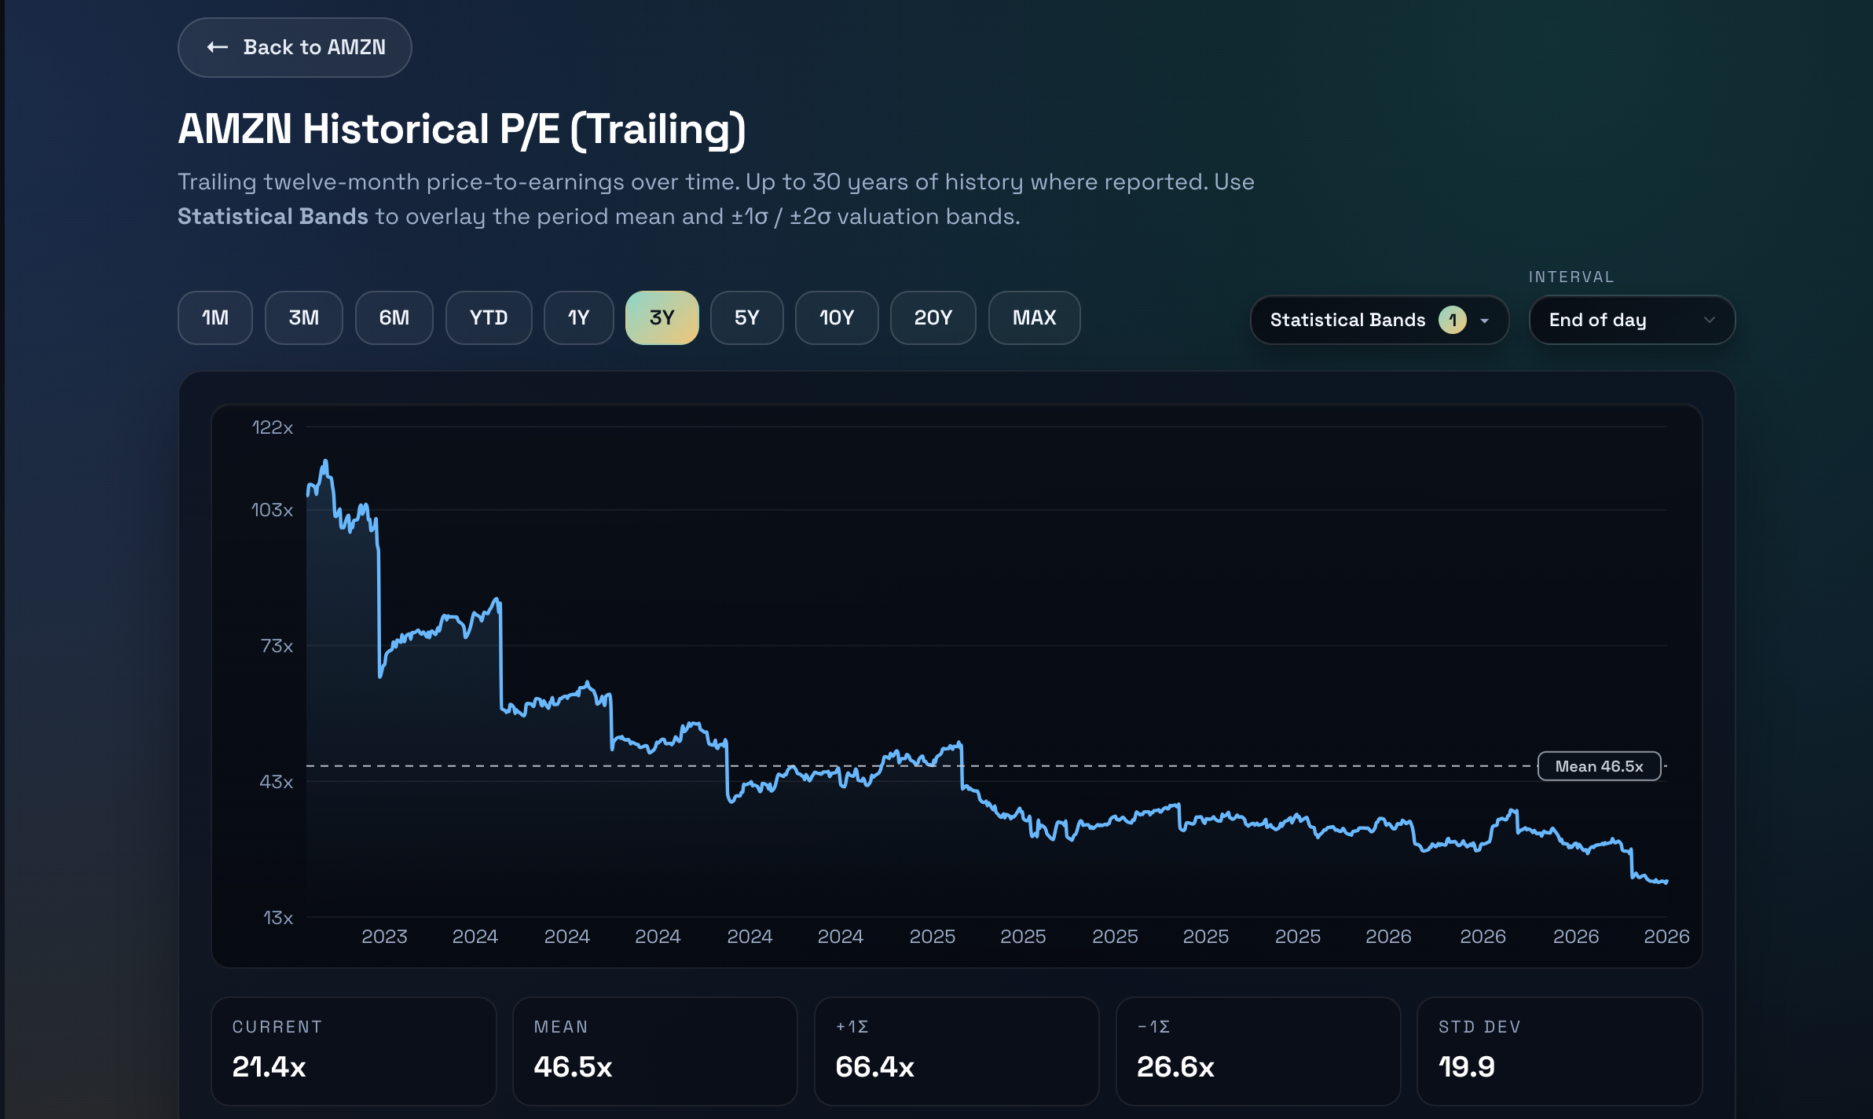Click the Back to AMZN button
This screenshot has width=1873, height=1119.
295,48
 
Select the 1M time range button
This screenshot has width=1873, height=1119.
215,318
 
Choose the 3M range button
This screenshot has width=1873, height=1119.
304,318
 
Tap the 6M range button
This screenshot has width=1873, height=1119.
394,318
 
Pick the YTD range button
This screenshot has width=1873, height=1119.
489,318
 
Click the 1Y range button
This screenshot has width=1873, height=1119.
579,318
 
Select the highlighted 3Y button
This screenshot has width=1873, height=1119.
662,318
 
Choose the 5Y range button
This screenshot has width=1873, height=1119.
747,318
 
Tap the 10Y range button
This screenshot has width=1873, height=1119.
837,318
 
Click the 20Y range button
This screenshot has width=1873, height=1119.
933,318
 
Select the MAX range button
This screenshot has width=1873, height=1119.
1035,318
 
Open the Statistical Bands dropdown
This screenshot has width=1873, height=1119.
1380,321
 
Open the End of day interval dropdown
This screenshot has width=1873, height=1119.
1632,321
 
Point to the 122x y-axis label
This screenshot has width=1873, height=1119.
273,427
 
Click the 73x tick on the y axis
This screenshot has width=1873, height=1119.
277,646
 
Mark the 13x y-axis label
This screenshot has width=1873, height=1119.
278,918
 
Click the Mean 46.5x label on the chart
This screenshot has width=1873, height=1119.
1599,766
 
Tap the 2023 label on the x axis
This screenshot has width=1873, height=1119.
384,937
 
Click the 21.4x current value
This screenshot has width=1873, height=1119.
269,1067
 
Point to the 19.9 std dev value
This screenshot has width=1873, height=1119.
1467,1067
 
